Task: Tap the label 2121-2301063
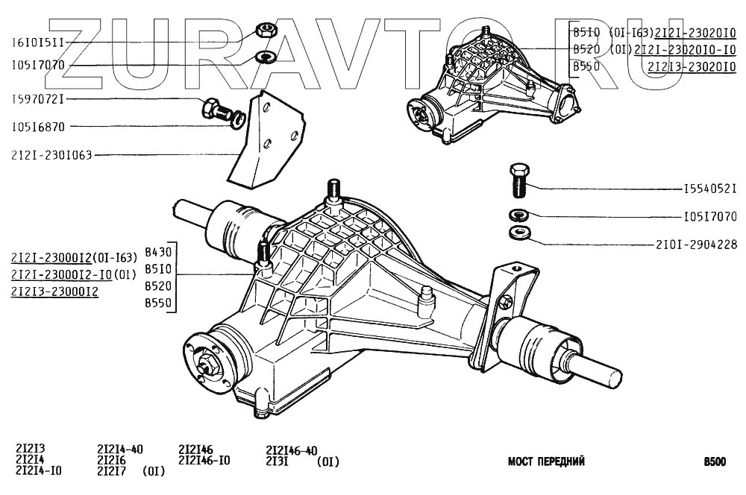52,156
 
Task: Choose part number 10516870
38,126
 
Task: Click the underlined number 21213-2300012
54,291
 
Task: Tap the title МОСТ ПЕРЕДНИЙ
546,461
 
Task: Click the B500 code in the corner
714,461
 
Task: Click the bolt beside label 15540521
520,180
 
